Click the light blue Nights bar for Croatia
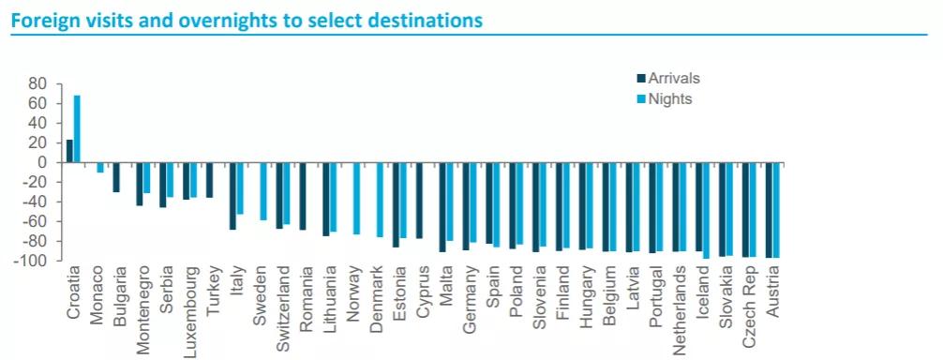[77, 128]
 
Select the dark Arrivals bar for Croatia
[69, 151]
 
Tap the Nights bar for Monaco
[100, 167]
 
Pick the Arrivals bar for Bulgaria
[116, 177]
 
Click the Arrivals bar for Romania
[303, 196]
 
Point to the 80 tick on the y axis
[37, 83]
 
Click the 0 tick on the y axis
[42, 162]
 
